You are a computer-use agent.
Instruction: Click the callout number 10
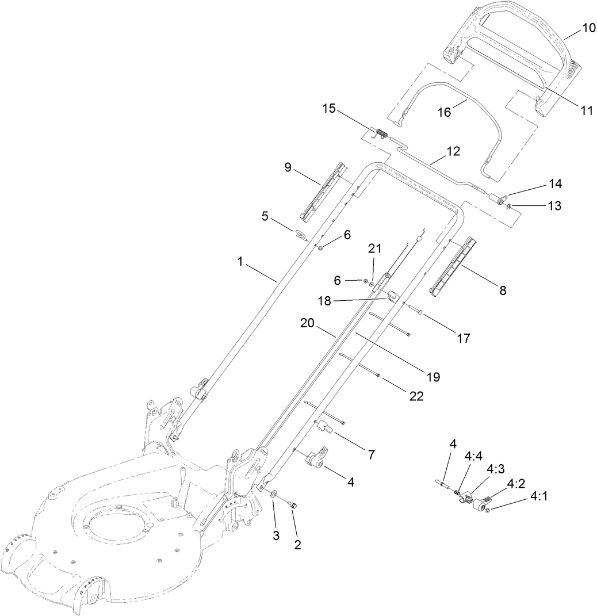coord(585,28)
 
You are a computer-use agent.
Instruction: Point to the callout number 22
coord(416,396)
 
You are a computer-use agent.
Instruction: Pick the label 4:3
coord(495,469)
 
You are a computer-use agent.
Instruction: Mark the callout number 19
coord(433,377)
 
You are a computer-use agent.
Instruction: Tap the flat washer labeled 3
coord(273,493)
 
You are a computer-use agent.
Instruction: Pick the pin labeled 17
coord(419,311)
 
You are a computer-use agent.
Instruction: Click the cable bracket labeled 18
coord(391,297)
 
